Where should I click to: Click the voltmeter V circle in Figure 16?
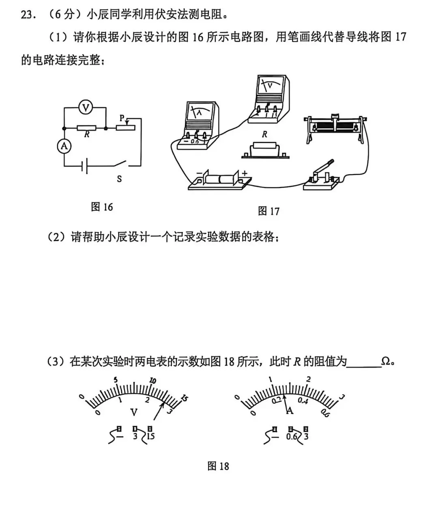point(86,107)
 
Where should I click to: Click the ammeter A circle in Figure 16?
point(64,146)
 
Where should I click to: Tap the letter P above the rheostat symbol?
point(122,118)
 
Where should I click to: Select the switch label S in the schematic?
point(119,179)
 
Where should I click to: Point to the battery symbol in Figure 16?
point(85,166)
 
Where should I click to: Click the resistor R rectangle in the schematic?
point(86,128)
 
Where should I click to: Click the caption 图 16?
point(102,207)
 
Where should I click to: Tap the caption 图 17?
point(268,211)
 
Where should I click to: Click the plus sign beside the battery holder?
point(245,173)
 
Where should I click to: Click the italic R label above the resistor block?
point(264,134)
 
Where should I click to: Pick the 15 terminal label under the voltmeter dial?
point(150,436)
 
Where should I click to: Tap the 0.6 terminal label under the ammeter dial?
point(292,436)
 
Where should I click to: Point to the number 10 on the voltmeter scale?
point(153,381)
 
